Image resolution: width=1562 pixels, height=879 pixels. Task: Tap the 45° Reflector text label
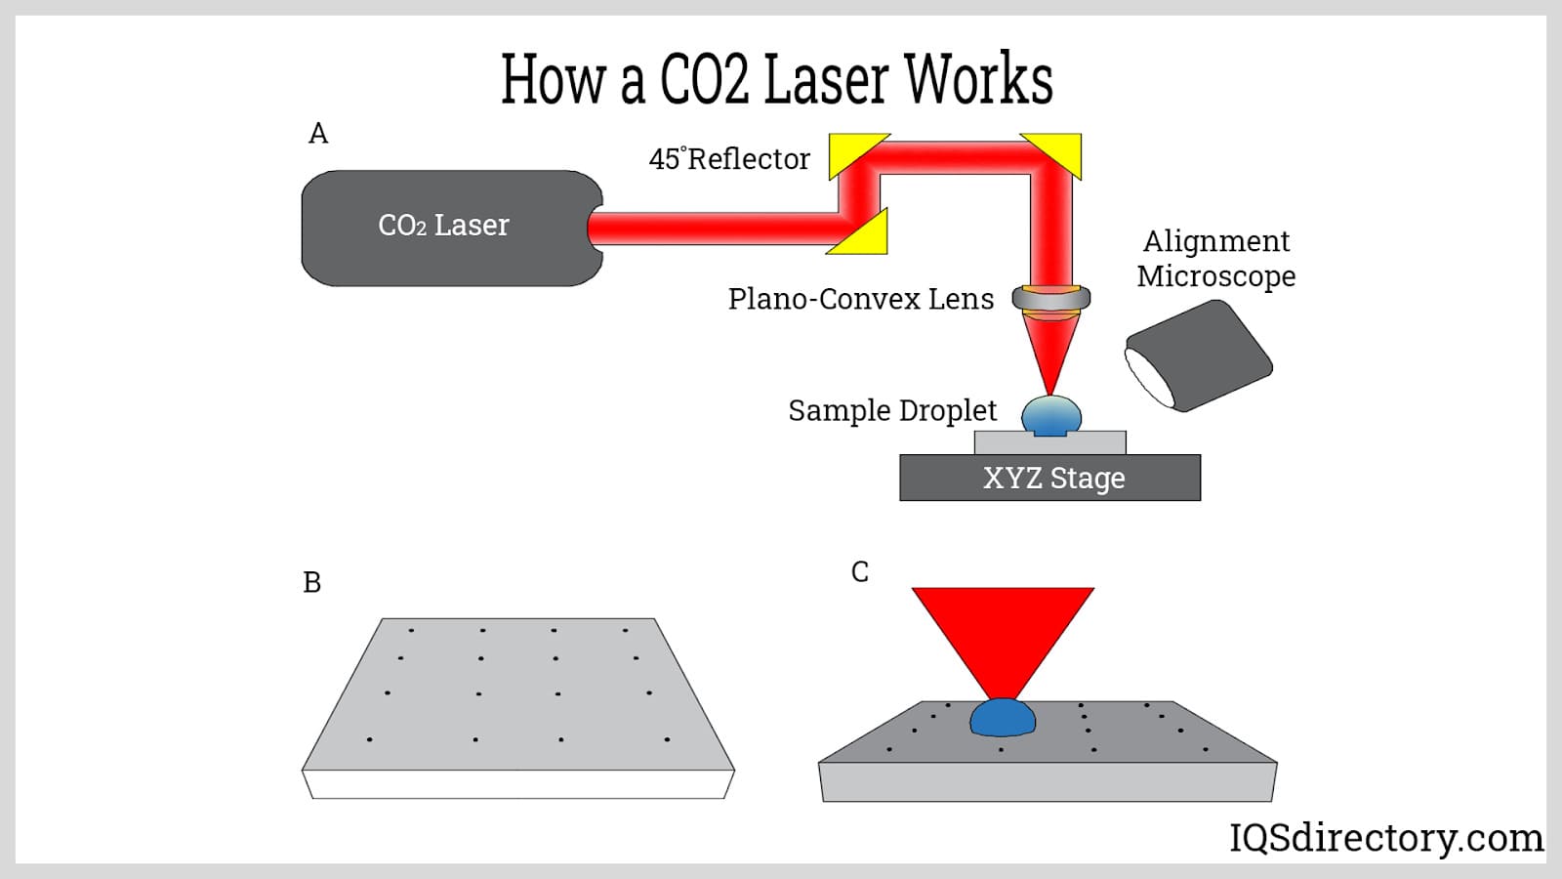coord(729,158)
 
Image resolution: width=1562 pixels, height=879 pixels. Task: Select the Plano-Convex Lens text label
coord(860,299)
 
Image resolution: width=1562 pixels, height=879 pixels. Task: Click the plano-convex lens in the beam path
coord(1050,298)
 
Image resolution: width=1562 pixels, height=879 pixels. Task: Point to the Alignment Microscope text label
coord(1216,258)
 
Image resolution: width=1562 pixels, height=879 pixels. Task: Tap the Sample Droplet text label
coord(892,410)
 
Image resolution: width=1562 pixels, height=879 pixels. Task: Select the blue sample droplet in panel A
coord(1050,416)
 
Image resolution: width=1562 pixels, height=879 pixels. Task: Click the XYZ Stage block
coord(1050,479)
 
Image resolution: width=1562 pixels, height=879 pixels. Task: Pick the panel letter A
coord(318,133)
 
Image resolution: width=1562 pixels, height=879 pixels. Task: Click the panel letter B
coord(311,582)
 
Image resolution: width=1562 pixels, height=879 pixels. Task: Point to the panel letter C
coord(859,571)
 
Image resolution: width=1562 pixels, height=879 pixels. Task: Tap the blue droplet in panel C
coord(1003,719)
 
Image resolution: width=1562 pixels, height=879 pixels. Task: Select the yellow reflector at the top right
coord(1058,151)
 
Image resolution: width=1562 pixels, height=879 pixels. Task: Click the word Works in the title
coord(979,80)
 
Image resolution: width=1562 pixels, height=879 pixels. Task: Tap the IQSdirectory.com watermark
coord(1385,838)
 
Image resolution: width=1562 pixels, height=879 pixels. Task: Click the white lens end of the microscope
coord(1148,377)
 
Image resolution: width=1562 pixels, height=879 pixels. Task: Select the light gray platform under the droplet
coord(1049,443)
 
